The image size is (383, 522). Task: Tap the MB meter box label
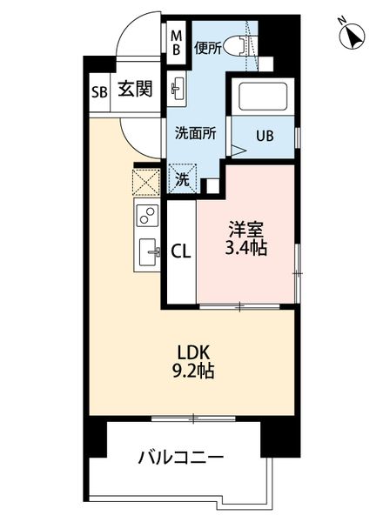tap(176, 43)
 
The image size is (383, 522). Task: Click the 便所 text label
tap(208, 48)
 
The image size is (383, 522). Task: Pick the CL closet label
tap(181, 251)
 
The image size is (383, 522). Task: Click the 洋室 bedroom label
tap(246, 231)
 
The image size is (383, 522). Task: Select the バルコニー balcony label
tap(181, 456)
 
